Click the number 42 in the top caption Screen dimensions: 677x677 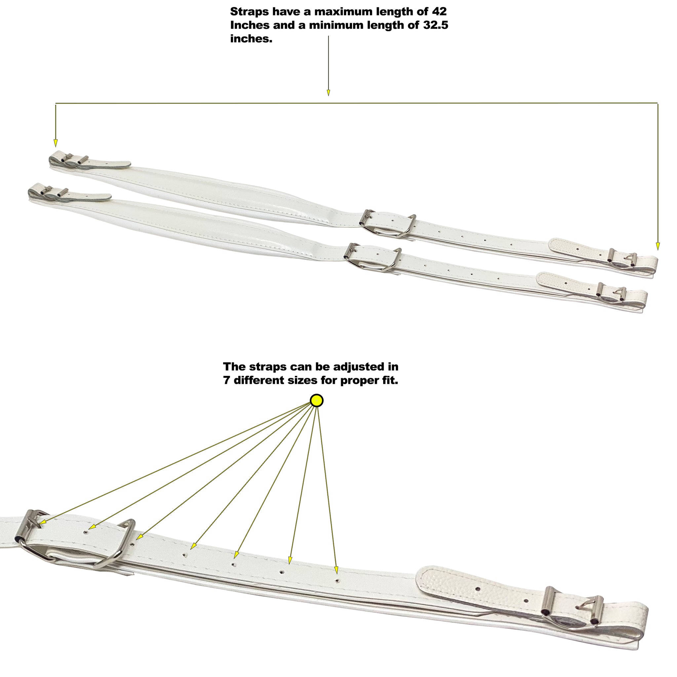(x=439, y=12)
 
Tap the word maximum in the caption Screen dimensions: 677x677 (x=343, y=12)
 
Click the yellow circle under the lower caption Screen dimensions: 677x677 (x=316, y=401)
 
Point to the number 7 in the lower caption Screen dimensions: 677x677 (x=226, y=380)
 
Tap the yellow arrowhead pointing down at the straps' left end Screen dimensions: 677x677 (x=55, y=142)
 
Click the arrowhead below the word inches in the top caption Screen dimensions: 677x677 (x=328, y=93)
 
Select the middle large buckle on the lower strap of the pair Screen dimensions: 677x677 (x=373, y=258)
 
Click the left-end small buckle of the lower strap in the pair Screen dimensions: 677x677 (x=53, y=191)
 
